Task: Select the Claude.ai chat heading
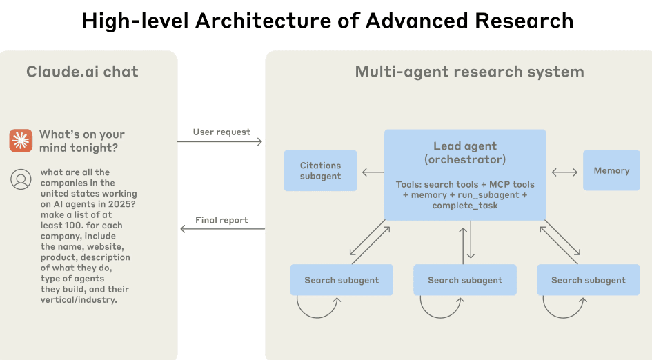tap(82, 72)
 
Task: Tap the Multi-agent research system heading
tap(469, 72)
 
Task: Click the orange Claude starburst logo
tap(21, 140)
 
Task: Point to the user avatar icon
tap(21, 179)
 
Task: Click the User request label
tap(221, 132)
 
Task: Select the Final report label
tap(221, 220)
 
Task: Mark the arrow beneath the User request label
tap(220, 142)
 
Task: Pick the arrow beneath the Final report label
tap(221, 229)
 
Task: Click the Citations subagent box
tap(320, 170)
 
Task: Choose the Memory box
tap(611, 170)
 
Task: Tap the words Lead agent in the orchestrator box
tap(464, 146)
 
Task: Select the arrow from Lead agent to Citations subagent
tap(373, 172)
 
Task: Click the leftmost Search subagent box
tap(342, 280)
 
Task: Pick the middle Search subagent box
tap(464, 280)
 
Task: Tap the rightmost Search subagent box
tap(588, 280)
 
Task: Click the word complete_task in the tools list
tap(464, 206)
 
